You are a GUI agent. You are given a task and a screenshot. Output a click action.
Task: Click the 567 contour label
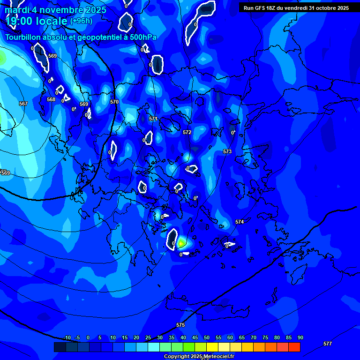pos(23,104)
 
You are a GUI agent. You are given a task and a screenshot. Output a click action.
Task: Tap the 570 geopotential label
pos(114,102)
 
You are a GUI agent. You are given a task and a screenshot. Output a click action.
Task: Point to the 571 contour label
pos(153,119)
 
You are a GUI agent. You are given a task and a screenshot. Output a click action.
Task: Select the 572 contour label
pos(187,133)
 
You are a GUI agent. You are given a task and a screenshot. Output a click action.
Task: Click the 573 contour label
pos(227,151)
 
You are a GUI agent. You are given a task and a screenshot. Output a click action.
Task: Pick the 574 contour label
pos(240,222)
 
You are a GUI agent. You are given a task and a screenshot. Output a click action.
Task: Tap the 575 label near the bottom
pos(180,325)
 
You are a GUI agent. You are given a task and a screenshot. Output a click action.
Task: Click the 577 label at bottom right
pos(328,344)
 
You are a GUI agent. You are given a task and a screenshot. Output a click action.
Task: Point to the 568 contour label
pos(51,99)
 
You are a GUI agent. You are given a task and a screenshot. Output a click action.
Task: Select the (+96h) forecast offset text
pos(81,21)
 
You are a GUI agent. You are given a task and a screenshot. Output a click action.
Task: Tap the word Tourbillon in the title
pos(23,37)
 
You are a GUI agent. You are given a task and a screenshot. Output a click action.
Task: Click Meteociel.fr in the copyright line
pos(218,357)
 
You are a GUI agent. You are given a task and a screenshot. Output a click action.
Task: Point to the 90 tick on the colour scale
pos(300,337)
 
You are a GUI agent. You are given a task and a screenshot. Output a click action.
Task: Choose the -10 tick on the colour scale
pos(67,337)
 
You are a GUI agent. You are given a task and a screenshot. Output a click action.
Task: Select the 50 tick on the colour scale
pos(206,337)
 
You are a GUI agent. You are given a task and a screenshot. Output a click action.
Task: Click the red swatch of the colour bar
pos(294,347)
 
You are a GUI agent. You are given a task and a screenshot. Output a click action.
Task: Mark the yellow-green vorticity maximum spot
pos(181,243)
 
